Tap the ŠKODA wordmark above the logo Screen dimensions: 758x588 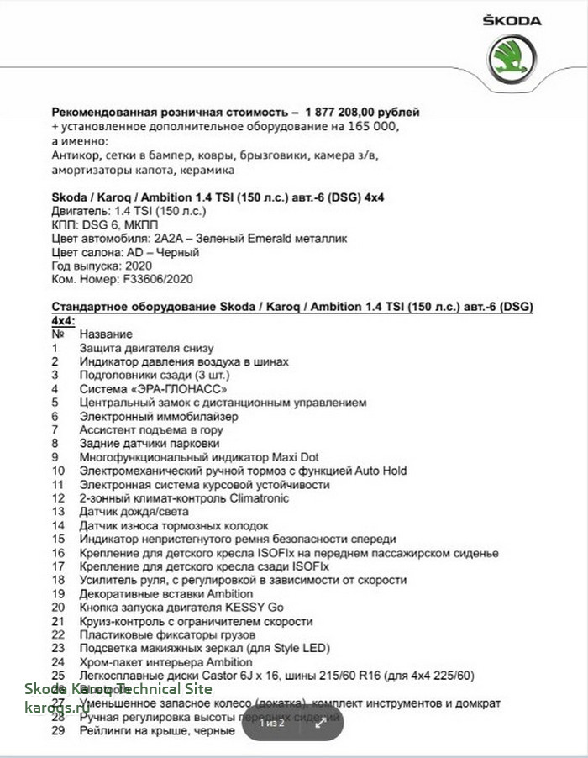tap(512, 21)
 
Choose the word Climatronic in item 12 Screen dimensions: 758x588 tap(249, 498)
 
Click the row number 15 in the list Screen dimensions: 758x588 tap(58, 540)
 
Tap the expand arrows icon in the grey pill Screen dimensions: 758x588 tap(320, 723)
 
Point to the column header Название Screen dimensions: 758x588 tap(106, 334)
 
